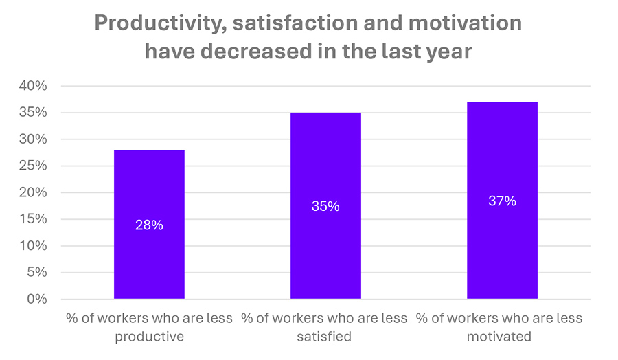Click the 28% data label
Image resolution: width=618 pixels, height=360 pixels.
click(149, 225)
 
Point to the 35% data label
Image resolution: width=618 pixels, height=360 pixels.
click(325, 206)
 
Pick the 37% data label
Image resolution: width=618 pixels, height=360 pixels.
click(502, 201)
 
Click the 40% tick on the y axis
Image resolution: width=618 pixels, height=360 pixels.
click(33, 87)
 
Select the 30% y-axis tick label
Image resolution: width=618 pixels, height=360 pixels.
click(33, 139)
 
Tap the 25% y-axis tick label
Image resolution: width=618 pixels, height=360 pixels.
click(33, 166)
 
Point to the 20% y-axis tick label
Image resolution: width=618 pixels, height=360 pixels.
click(33, 193)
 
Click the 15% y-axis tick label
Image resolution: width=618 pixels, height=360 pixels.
click(33, 220)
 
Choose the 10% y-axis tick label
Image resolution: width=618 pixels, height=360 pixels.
click(33, 246)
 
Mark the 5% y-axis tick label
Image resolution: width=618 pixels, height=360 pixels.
click(36, 273)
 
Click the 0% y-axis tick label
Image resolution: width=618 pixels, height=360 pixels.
click(36, 300)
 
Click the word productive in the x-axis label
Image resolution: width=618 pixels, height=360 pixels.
click(149, 337)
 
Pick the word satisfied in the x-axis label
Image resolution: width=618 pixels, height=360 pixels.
click(325, 337)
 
